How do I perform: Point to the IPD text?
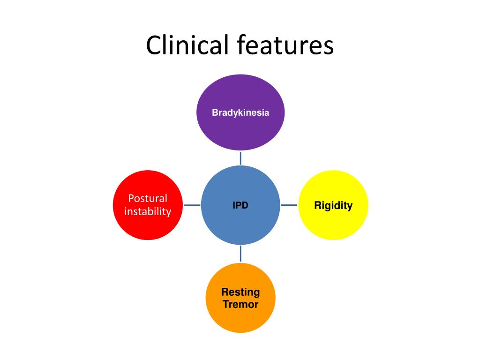click(x=240, y=205)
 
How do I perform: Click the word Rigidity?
click(x=333, y=205)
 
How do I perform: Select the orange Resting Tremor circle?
click(x=240, y=319)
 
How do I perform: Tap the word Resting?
click(x=240, y=292)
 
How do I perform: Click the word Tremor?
click(x=240, y=305)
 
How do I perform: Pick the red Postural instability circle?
click(x=148, y=225)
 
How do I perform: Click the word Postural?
click(x=148, y=198)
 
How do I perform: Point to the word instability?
click(x=148, y=212)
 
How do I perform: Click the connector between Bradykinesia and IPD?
click(x=240, y=158)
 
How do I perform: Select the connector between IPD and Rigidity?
click(x=289, y=205)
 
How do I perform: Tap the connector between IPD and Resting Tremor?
click(x=240, y=253)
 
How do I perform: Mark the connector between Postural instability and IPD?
click(x=192, y=205)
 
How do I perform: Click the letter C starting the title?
click(x=153, y=46)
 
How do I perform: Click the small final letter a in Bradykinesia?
click(x=267, y=113)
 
